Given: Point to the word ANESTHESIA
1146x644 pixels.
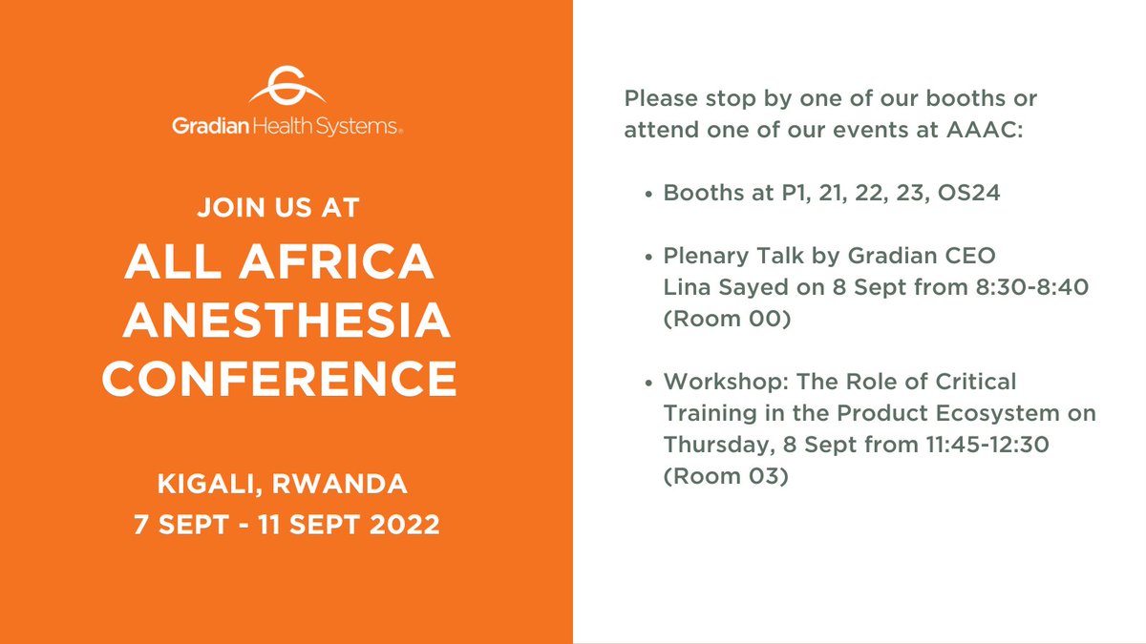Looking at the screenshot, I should tap(286, 322).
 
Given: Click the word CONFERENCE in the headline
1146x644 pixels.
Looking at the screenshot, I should tap(281, 380).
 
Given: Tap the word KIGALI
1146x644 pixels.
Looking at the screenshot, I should tap(209, 485).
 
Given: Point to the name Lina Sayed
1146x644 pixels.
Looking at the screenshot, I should tap(726, 287).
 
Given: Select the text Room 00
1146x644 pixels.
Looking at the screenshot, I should tap(727, 320).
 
